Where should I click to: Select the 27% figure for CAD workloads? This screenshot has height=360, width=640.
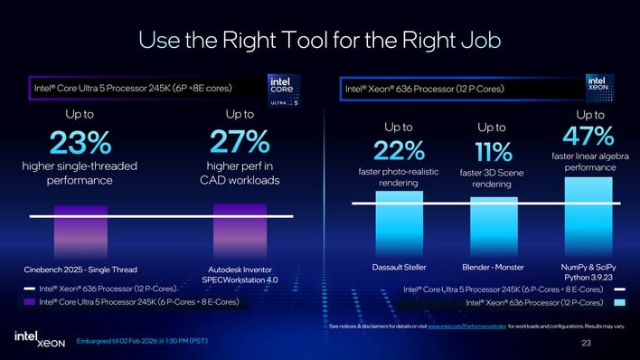(x=240, y=142)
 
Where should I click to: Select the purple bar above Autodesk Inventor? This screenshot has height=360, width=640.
(x=240, y=232)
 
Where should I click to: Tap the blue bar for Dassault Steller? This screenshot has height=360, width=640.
(x=399, y=223)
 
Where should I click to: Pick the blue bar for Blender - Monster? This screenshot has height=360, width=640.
(x=494, y=227)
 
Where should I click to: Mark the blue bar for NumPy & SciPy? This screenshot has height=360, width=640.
(x=588, y=216)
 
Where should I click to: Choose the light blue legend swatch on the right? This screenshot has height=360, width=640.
(x=619, y=302)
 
